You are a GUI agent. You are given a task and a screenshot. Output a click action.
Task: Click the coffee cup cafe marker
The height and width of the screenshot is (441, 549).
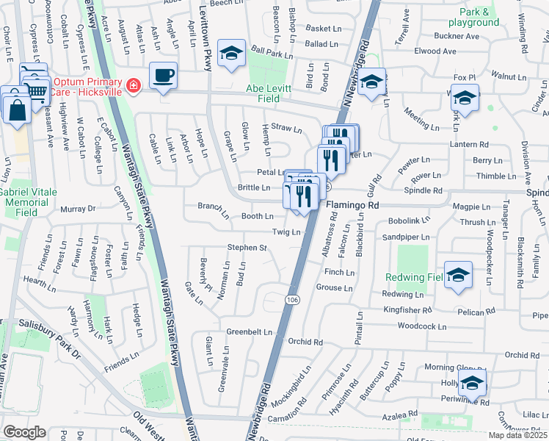(163, 75)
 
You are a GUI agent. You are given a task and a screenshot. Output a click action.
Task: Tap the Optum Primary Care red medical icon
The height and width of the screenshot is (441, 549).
(133, 85)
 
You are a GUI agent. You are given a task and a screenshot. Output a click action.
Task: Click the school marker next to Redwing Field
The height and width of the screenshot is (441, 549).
(459, 275)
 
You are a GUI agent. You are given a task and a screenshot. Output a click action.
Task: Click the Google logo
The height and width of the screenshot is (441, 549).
(24, 432)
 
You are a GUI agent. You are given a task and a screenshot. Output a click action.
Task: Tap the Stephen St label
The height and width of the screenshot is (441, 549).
(247, 248)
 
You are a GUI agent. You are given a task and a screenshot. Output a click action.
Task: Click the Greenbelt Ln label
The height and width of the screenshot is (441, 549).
(250, 331)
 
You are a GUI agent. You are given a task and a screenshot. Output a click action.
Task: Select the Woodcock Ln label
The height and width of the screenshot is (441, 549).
(421, 326)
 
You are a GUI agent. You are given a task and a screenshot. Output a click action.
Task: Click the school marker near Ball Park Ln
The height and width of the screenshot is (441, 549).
(232, 53)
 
